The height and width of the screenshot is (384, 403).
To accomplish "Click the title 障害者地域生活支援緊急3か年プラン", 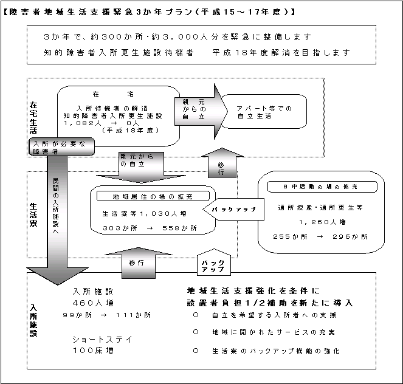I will click(x=149, y=12).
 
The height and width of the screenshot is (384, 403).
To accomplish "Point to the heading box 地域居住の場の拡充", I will click(x=151, y=196).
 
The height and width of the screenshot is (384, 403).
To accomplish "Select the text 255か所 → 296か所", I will click(x=320, y=236).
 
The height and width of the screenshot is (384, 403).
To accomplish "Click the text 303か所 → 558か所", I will click(x=150, y=229).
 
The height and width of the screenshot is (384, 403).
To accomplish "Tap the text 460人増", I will click(x=93, y=303).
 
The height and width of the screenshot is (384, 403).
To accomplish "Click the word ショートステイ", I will click(x=101, y=339).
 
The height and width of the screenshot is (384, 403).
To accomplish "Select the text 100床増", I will click(x=93, y=351).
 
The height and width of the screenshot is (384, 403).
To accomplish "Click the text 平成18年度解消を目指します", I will click(x=281, y=52).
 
